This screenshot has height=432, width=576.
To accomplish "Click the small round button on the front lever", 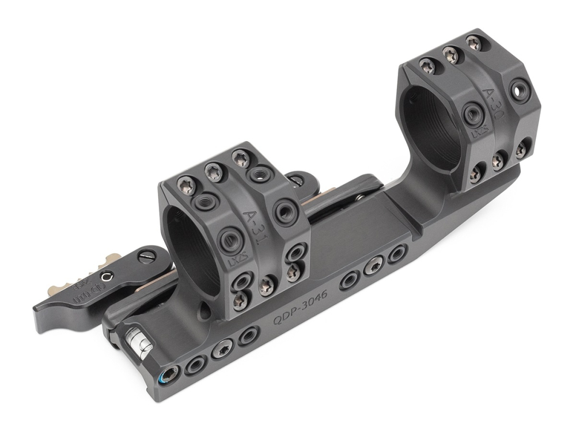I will click(104, 278).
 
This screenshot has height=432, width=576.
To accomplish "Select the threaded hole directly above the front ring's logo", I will click(230, 237).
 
